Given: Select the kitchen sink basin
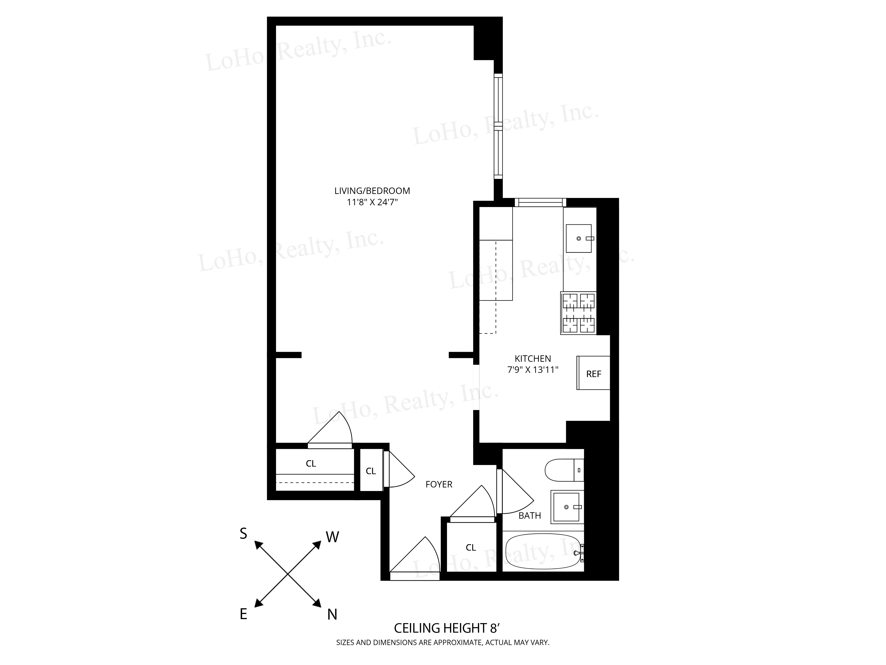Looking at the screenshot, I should tap(578, 239).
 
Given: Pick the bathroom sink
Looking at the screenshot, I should tap(566, 507).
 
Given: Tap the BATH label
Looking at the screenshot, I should tap(530, 515).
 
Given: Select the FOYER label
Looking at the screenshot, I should tap(439, 484).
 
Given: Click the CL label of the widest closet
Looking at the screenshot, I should tap(311, 463).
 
